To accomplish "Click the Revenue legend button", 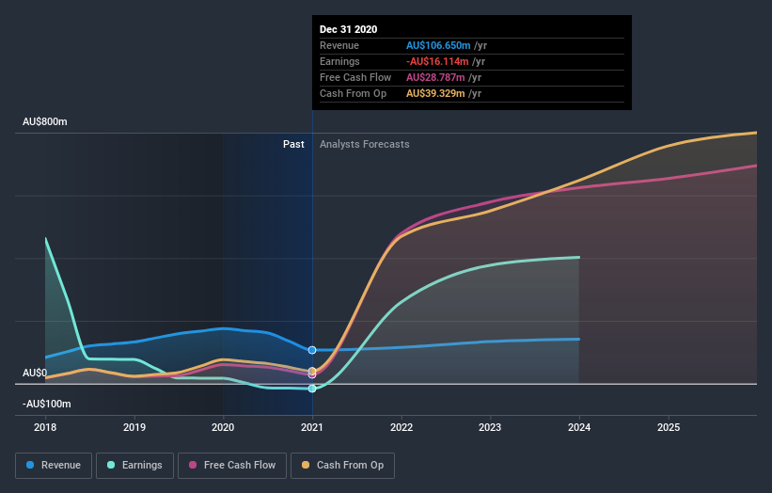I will (55, 465).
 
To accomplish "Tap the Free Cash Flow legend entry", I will (232, 465).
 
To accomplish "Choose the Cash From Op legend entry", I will (342, 465).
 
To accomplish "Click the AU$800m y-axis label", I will (45, 122).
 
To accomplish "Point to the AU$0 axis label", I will (35, 373).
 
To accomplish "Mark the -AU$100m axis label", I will (47, 404).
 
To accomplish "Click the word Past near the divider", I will (293, 144).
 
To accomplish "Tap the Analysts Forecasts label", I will (364, 144).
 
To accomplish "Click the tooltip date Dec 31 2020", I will (348, 29).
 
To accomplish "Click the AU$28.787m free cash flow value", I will (435, 77).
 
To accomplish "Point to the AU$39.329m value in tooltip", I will (435, 93).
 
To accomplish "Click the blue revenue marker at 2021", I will (312, 350).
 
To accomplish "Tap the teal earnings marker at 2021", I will (312, 389).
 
